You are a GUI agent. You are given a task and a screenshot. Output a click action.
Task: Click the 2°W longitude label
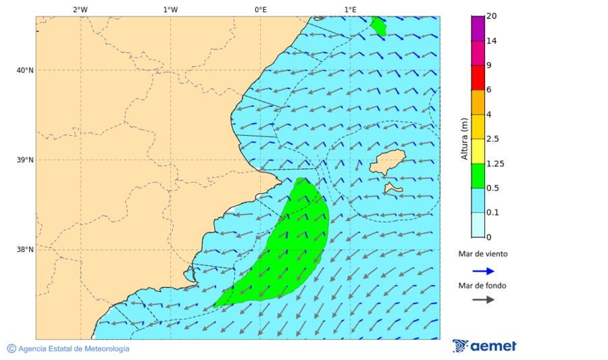tap(80, 9)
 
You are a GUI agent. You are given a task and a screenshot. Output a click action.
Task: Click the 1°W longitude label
tap(170, 9)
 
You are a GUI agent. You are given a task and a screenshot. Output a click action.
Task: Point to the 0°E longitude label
tap(260, 9)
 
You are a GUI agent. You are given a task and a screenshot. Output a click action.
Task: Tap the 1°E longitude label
tap(350, 9)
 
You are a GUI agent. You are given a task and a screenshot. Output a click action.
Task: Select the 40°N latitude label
tap(25, 70)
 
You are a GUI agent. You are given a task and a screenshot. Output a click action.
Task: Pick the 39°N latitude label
tap(25, 160)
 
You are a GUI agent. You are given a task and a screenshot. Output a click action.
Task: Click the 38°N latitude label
tap(25, 250)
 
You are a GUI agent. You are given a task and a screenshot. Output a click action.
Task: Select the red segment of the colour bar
tap(478, 78)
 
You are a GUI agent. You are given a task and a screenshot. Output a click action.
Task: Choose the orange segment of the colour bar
tap(478, 102)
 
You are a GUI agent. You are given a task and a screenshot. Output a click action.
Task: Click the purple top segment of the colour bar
tap(478, 28)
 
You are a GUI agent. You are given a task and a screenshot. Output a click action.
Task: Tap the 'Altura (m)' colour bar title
tap(464, 138)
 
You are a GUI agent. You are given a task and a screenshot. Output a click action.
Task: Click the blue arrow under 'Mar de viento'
tap(483, 271)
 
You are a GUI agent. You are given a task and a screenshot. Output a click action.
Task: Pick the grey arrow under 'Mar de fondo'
tap(483, 300)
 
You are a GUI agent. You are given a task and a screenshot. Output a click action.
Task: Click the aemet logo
tap(484, 346)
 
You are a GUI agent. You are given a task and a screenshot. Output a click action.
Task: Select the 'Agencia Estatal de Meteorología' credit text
tap(74, 349)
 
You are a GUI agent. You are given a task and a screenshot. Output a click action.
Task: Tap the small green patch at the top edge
tap(378, 26)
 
